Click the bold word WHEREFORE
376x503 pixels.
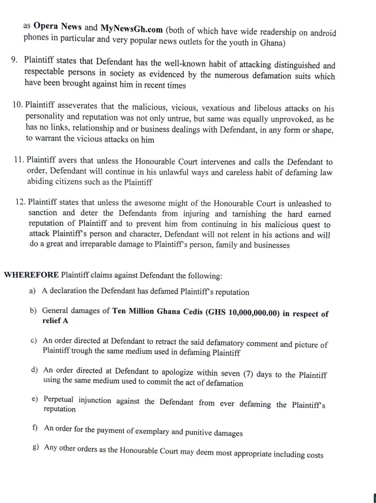click(30, 275)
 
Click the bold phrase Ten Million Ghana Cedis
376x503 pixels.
click(157, 311)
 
